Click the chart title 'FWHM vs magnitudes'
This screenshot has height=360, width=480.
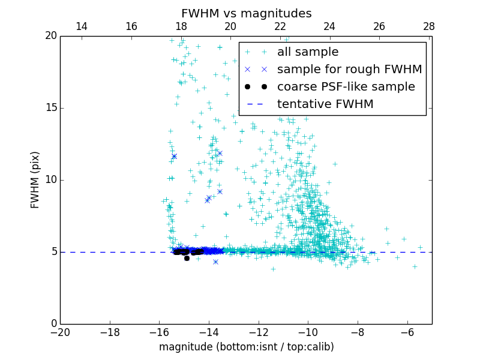[x=246, y=13]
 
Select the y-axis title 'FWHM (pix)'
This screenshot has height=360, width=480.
[x=35, y=180]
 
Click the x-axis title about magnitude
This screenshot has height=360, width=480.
[x=246, y=347]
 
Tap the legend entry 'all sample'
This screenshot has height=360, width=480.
[x=307, y=52]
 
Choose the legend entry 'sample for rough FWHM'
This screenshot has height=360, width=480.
[x=349, y=70]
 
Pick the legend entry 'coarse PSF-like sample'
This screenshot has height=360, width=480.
[x=346, y=87]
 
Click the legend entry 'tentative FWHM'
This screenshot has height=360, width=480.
[x=325, y=104]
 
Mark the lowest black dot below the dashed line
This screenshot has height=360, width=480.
[x=187, y=258]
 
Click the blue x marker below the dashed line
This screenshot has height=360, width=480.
[x=215, y=262]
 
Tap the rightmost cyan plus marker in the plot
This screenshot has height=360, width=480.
[x=420, y=247]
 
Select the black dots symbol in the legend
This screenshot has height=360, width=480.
[x=256, y=87]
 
